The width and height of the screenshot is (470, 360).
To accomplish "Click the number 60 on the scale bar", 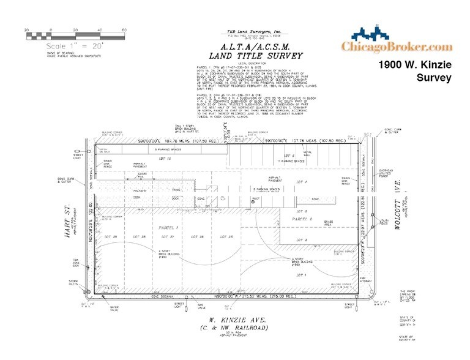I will point(124,30).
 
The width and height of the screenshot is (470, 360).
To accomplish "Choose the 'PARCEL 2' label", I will point(302,219).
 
